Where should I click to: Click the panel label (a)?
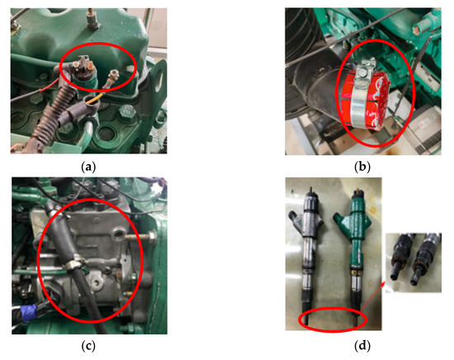click(x=88, y=167)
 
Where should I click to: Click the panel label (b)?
click(x=362, y=167)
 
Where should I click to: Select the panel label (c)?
click(x=88, y=345)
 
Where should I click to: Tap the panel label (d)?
click(x=362, y=345)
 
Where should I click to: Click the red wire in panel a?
click(x=49, y=86)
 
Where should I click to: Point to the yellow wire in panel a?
click(x=95, y=98)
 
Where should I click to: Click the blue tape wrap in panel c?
click(x=29, y=313)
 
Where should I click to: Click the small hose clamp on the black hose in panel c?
click(x=74, y=262)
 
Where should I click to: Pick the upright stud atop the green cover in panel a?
click(x=92, y=19)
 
